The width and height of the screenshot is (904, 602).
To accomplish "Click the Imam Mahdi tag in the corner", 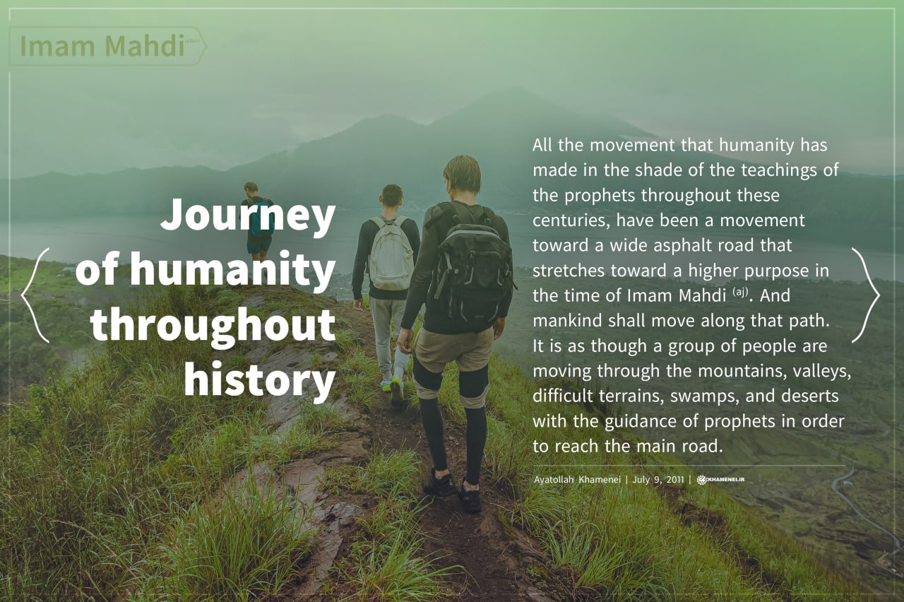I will point(106,46).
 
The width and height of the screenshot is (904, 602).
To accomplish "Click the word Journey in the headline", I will point(248,216).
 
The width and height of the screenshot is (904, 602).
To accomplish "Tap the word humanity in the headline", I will point(232,269).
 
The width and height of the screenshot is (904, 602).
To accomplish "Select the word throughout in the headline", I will point(213,324).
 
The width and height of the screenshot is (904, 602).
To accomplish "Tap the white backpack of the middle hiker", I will point(390,253).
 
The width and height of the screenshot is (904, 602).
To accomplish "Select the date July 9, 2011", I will point(658,480).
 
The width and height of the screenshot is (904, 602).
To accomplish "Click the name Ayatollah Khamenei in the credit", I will point(576,480).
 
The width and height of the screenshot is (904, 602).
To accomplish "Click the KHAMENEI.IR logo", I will point(721,480).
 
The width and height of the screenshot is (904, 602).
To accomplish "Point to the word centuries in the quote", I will point(571,220).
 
